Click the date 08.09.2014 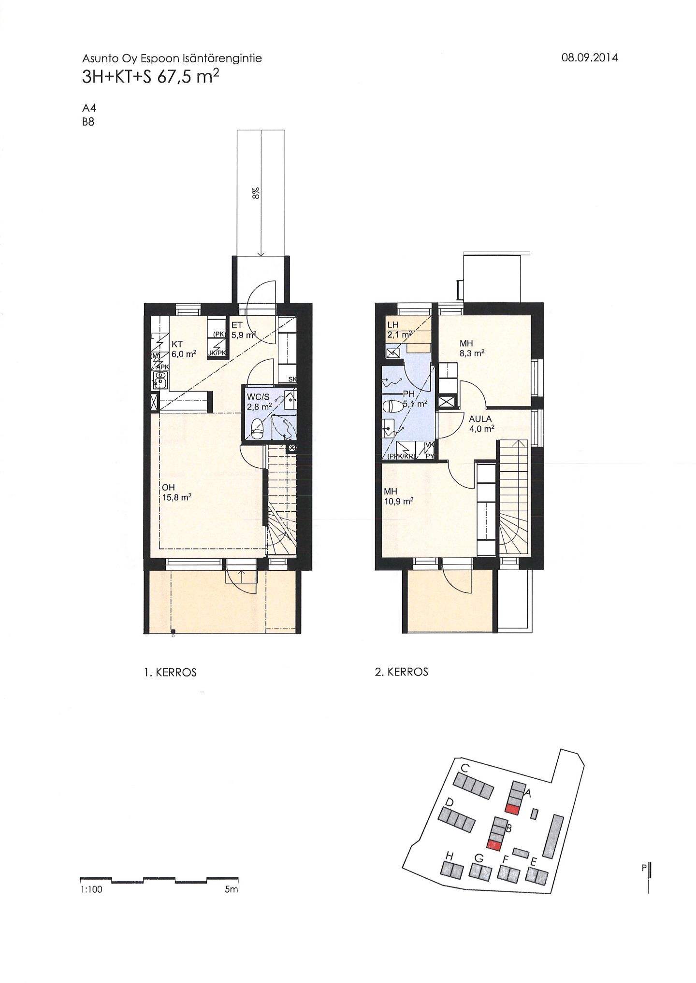(x=589, y=58)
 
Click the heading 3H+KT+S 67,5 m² (x=147, y=77)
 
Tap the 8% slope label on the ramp (x=256, y=193)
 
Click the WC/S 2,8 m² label (x=260, y=402)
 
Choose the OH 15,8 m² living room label (x=176, y=492)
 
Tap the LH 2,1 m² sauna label (x=399, y=330)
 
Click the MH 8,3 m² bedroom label (x=472, y=348)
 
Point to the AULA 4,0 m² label (x=481, y=423)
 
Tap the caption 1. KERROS (x=170, y=673)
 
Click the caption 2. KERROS (x=402, y=672)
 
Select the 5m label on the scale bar (x=232, y=889)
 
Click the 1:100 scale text (x=92, y=889)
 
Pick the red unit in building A (x=513, y=810)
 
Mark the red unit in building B (x=493, y=845)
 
